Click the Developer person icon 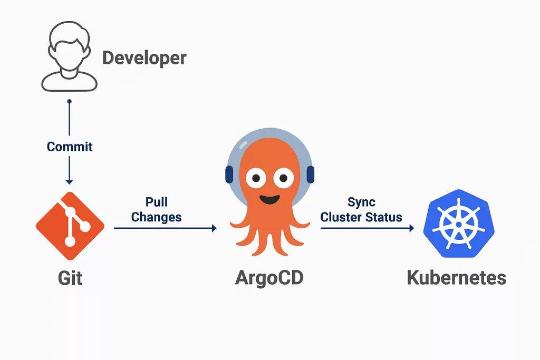pyautogui.click(x=69, y=56)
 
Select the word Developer pyautogui.click(x=144, y=58)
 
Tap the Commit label pyautogui.click(x=70, y=147)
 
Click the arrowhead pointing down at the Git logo pyautogui.click(x=69, y=181)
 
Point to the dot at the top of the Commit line pyautogui.click(x=69, y=102)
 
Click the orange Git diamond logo pyautogui.click(x=70, y=226)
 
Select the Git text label pyautogui.click(x=70, y=278)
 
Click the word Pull pyautogui.click(x=156, y=202)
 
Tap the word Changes pyautogui.click(x=156, y=217)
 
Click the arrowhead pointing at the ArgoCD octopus pyautogui.click(x=214, y=228)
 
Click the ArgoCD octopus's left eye pyautogui.click(x=256, y=178)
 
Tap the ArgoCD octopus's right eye pyautogui.click(x=283, y=178)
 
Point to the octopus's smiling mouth pyautogui.click(x=269, y=199)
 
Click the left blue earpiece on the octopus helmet pyautogui.click(x=229, y=174)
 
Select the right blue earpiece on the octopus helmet pyautogui.click(x=310, y=174)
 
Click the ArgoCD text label pyautogui.click(x=269, y=278)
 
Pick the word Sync pyautogui.click(x=361, y=202)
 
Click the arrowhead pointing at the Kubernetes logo pyautogui.click(x=411, y=228)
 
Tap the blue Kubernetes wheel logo pyautogui.click(x=459, y=223)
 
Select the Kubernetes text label pyautogui.click(x=457, y=278)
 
